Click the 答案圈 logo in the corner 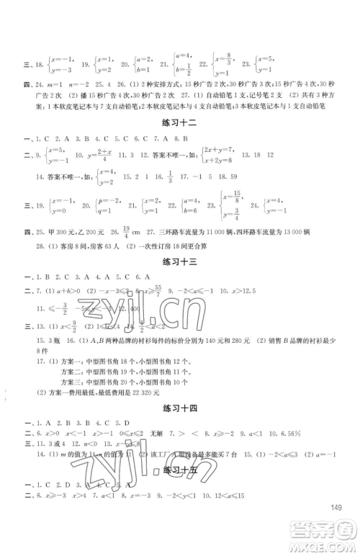click(328, 537)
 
